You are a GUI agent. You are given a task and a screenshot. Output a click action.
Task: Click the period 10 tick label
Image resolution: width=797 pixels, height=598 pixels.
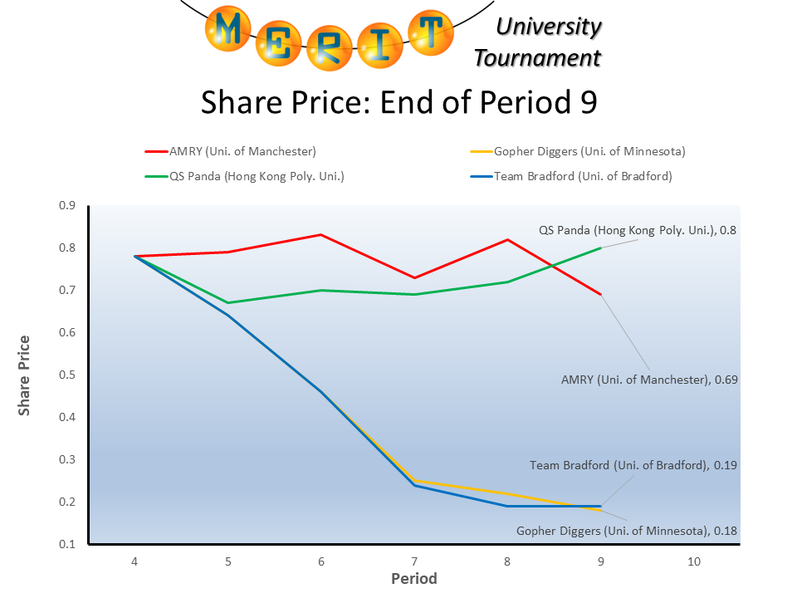point(694,561)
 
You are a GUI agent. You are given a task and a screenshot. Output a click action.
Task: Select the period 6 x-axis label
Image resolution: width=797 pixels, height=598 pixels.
point(321,561)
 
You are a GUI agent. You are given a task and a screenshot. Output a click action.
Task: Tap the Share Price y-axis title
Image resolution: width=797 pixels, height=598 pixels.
point(26,375)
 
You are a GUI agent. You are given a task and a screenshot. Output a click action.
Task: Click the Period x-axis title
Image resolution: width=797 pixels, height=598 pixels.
point(413,578)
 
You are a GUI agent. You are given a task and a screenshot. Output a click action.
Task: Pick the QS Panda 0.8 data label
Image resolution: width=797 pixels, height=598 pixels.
point(638,230)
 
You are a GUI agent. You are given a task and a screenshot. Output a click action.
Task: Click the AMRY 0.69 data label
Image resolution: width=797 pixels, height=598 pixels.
point(649,380)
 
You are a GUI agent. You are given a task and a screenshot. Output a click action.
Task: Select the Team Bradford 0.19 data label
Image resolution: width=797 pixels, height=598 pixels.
point(633,466)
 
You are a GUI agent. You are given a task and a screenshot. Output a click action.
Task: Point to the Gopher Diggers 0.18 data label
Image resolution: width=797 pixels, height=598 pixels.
point(627,531)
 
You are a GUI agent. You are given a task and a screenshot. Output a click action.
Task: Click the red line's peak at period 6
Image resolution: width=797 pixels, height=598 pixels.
point(321,235)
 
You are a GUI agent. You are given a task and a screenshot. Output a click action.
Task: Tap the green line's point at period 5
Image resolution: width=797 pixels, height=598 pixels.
point(227,302)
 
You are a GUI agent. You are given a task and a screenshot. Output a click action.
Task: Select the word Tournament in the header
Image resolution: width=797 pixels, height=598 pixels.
point(536,58)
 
